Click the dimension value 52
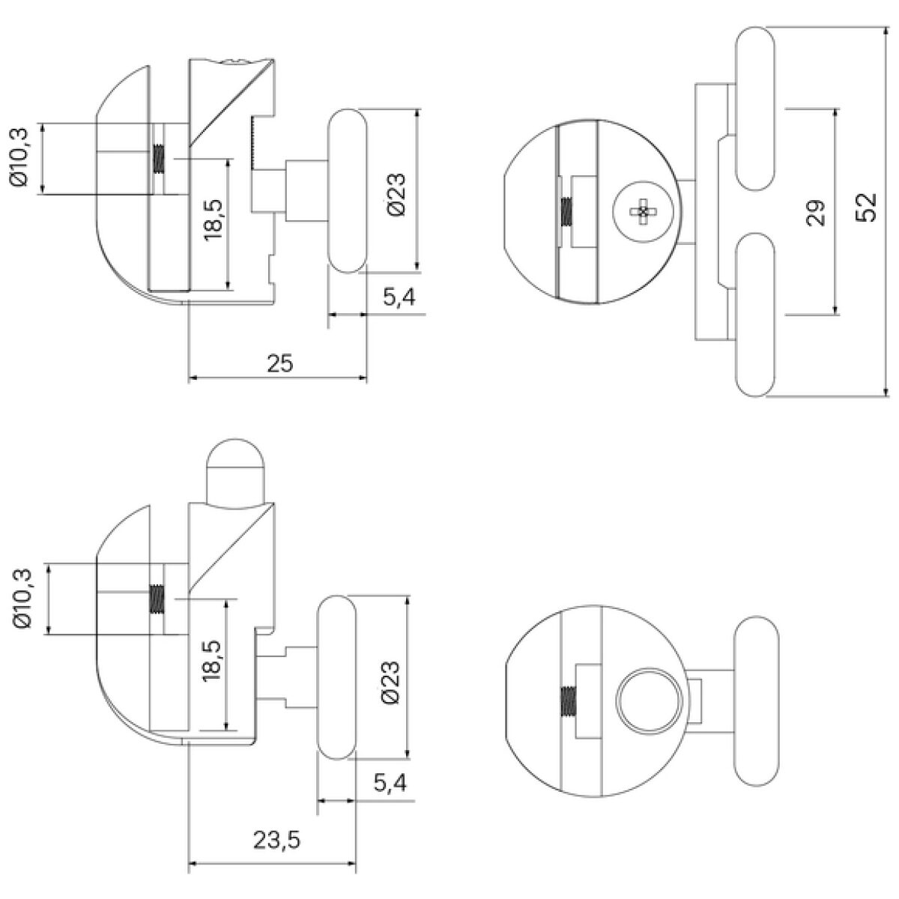click(x=866, y=207)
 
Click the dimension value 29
click(x=816, y=213)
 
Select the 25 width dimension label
click(x=280, y=363)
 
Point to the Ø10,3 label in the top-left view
click(x=20, y=157)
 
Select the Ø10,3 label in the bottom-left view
click(x=24, y=599)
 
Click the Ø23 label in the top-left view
click(x=396, y=195)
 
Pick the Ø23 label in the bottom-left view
click(x=391, y=682)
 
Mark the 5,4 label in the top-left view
click(x=399, y=297)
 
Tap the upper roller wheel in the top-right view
click(x=755, y=108)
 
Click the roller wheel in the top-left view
click(x=348, y=191)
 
